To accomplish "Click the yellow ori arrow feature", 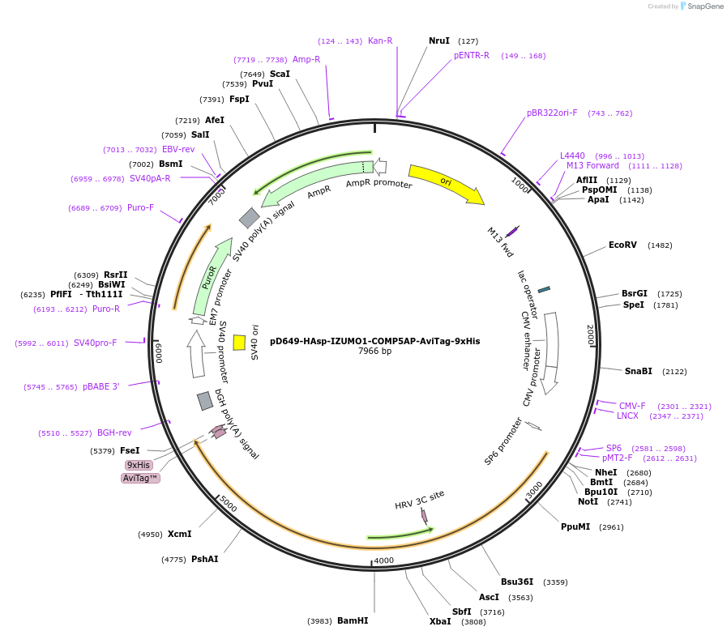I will coord(445,183).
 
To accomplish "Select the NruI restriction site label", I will coord(438,40).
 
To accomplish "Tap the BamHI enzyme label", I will coord(353,621).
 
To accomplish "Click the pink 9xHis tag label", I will coord(138,465).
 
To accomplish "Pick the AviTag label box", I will coord(140,478).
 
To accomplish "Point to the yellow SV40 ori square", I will coord(239,342).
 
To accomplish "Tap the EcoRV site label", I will coord(622,245).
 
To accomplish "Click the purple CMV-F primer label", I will coord(632,406).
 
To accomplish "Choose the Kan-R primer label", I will coord(380,40).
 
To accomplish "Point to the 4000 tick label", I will coord(383,560).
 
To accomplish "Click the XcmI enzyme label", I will coord(179,534).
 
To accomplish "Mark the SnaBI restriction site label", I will coord(638,371).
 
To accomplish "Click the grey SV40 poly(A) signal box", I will coord(250,217).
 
